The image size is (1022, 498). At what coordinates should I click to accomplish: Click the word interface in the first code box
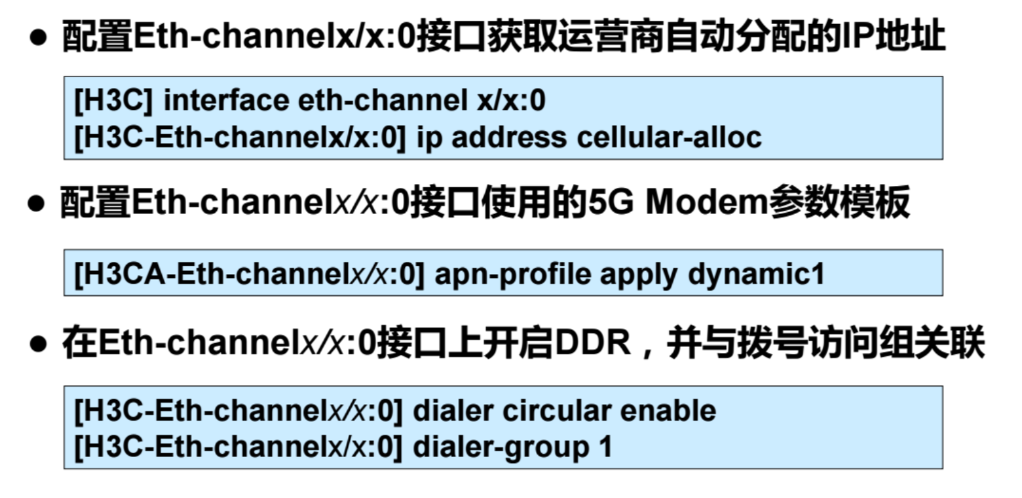[x=225, y=101]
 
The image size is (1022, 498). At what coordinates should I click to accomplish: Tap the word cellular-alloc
[x=669, y=137]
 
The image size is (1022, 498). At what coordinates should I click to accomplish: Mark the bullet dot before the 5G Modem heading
[x=37, y=205]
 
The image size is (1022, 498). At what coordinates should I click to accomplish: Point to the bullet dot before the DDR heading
[x=39, y=346]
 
